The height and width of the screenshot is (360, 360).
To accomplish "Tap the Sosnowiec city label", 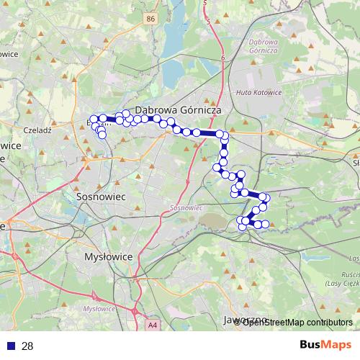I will click(x=101, y=195).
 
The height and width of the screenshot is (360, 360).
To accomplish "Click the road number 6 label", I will click(x=223, y=58).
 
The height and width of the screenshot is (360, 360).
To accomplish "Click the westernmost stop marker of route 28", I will click(x=93, y=120).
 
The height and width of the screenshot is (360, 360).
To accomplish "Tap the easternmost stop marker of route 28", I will click(x=266, y=197).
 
